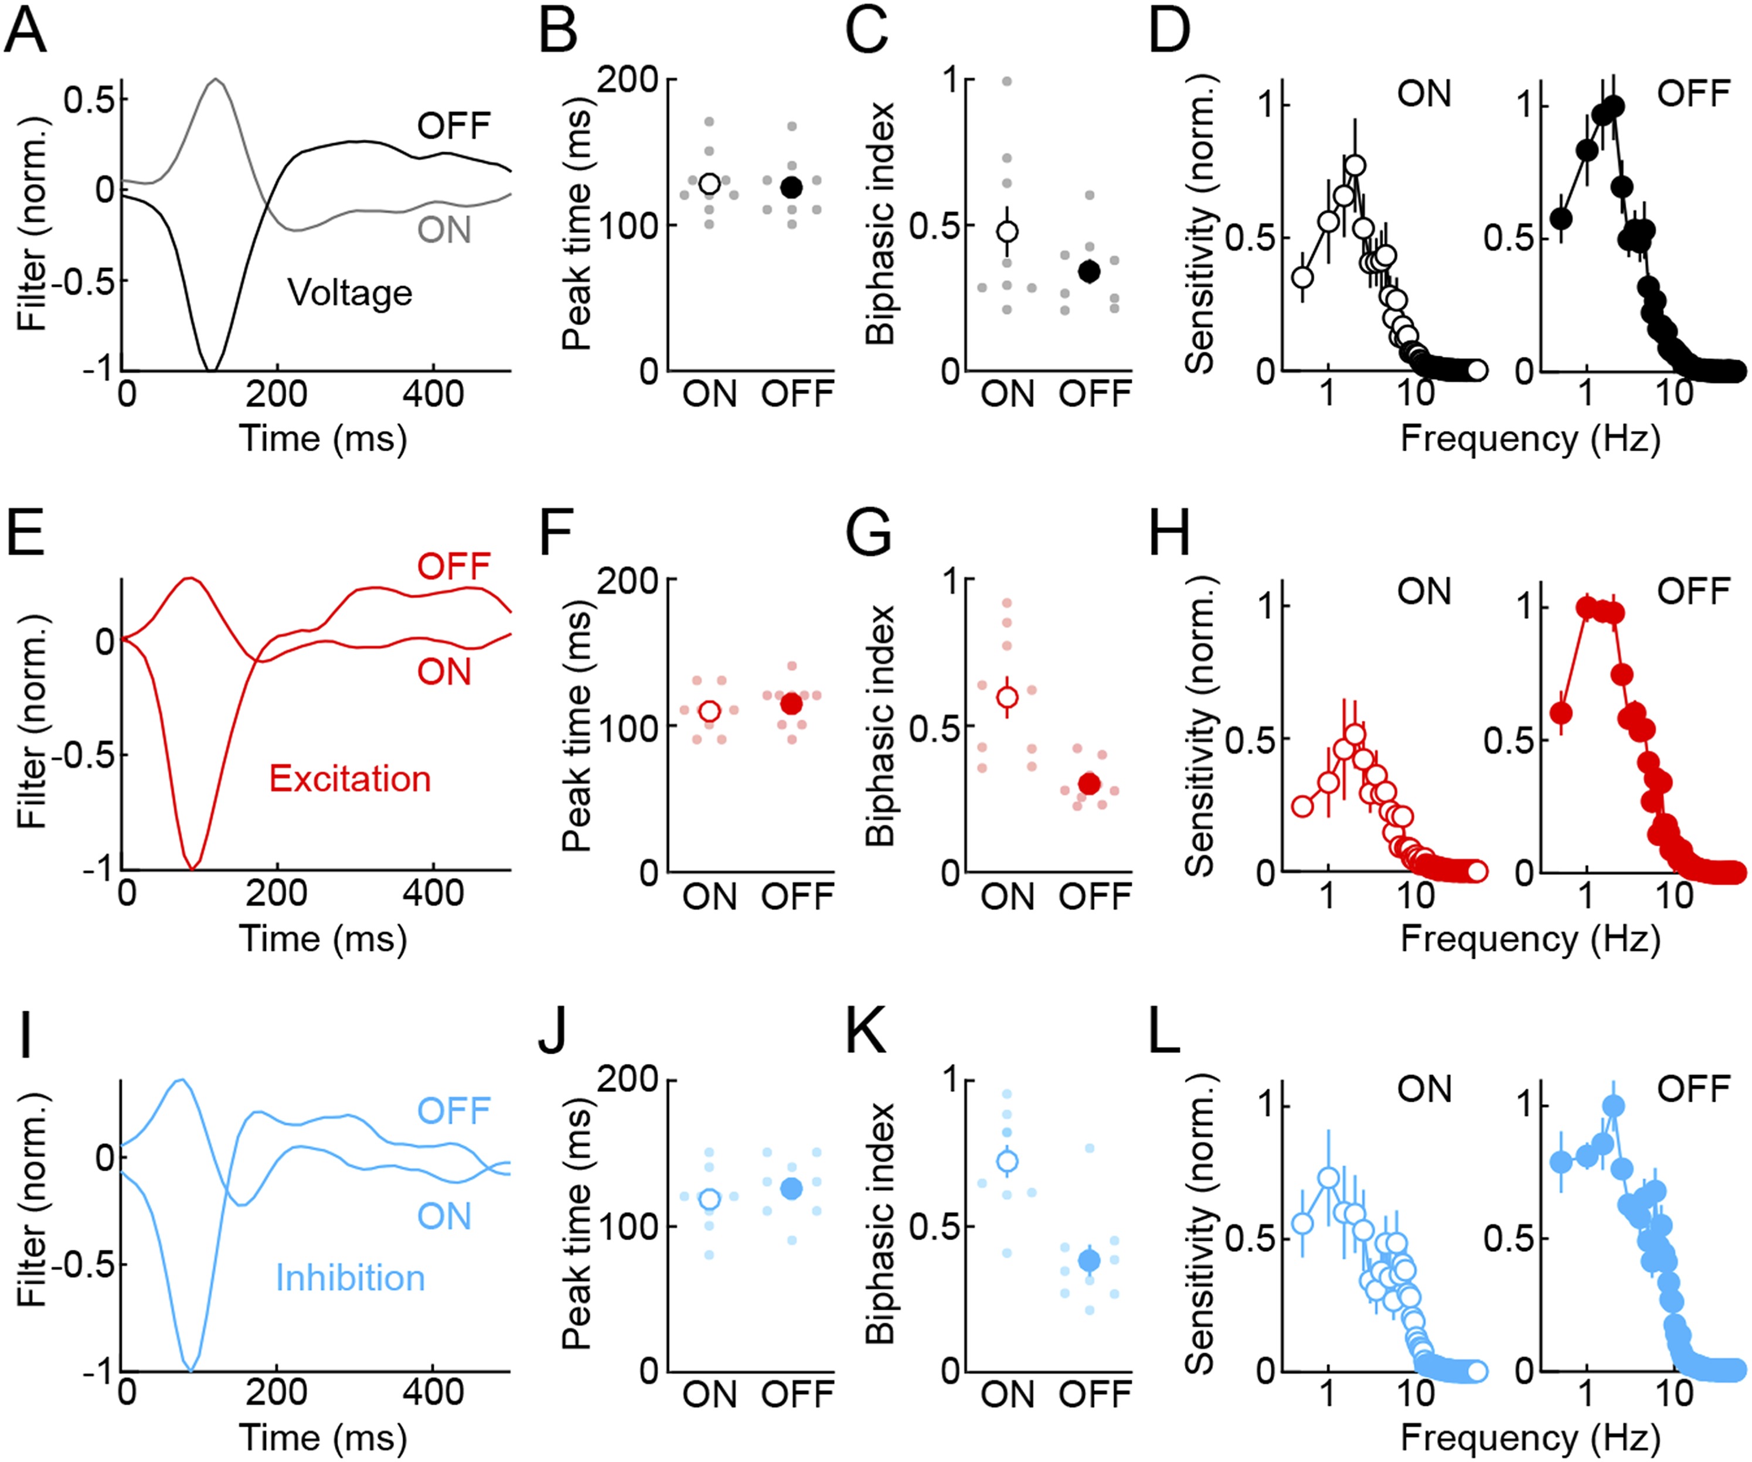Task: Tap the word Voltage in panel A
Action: pyautogui.click(x=349, y=294)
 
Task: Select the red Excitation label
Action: pyautogui.click(x=349, y=779)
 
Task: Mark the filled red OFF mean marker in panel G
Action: pyautogui.click(x=1088, y=783)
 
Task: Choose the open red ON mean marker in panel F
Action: pyautogui.click(x=709, y=711)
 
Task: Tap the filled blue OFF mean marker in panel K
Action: pyautogui.click(x=1088, y=1260)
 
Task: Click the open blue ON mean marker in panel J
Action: pyautogui.click(x=709, y=1199)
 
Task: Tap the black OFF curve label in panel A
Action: pyautogui.click(x=454, y=126)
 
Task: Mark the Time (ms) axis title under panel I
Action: pyautogui.click(x=323, y=1437)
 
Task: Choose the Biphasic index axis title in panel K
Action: pyautogui.click(x=881, y=1223)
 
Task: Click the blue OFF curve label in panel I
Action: pyautogui.click(x=454, y=1111)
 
